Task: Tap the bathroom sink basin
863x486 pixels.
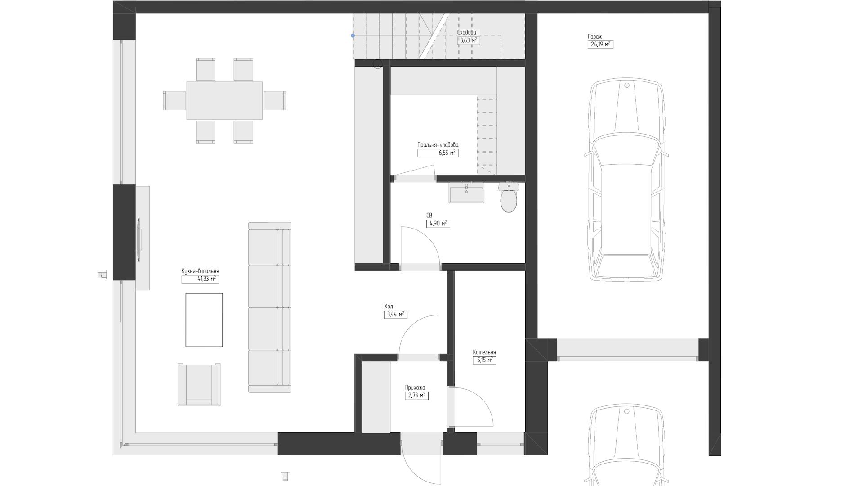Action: pyautogui.click(x=466, y=193)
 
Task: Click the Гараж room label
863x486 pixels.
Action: pyautogui.click(x=595, y=36)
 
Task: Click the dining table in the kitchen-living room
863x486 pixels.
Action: pyautogui.click(x=224, y=100)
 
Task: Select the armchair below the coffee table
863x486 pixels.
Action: pyautogui.click(x=199, y=385)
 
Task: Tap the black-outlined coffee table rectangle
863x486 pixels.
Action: pyautogui.click(x=204, y=320)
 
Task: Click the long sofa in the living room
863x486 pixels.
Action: pyautogui.click(x=270, y=307)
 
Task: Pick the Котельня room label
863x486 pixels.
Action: pyautogui.click(x=484, y=352)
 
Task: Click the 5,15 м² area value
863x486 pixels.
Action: pyautogui.click(x=484, y=360)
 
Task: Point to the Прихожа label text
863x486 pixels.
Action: pyautogui.click(x=415, y=387)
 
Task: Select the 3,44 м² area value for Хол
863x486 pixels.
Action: pyautogui.click(x=396, y=315)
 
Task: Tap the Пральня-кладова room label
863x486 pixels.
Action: pyautogui.click(x=438, y=145)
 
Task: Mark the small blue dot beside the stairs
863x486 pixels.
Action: pyautogui.click(x=353, y=36)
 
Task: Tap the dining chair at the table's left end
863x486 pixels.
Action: pyautogui.click(x=174, y=100)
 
